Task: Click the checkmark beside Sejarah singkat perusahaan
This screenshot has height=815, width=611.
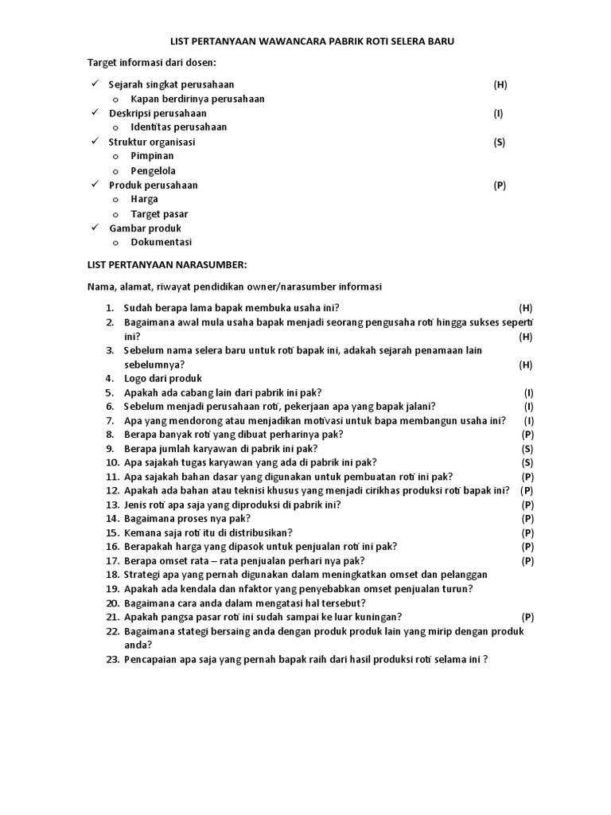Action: coord(93,84)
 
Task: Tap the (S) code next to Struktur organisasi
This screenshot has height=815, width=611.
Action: coord(499,142)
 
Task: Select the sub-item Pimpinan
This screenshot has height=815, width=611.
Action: coord(152,156)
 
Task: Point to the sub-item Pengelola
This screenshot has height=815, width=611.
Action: coord(154,170)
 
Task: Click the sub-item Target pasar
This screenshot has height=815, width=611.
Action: coord(159,214)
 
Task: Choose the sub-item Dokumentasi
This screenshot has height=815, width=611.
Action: coord(161,243)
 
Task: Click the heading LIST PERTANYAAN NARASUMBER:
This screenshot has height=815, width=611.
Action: coord(167,264)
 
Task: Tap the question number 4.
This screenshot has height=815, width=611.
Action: coord(110,379)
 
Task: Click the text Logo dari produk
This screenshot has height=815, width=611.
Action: coord(163,379)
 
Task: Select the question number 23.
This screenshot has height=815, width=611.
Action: coord(112,660)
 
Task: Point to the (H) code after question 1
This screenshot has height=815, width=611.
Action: coord(525,307)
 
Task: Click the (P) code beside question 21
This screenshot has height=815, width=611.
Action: coord(527,617)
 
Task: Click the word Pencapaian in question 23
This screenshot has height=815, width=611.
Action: coord(150,660)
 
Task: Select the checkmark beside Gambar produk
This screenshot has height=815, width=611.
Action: coord(93,228)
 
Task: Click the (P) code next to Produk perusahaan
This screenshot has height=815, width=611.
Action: coord(499,185)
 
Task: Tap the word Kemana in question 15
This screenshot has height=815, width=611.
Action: coord(142,532)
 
